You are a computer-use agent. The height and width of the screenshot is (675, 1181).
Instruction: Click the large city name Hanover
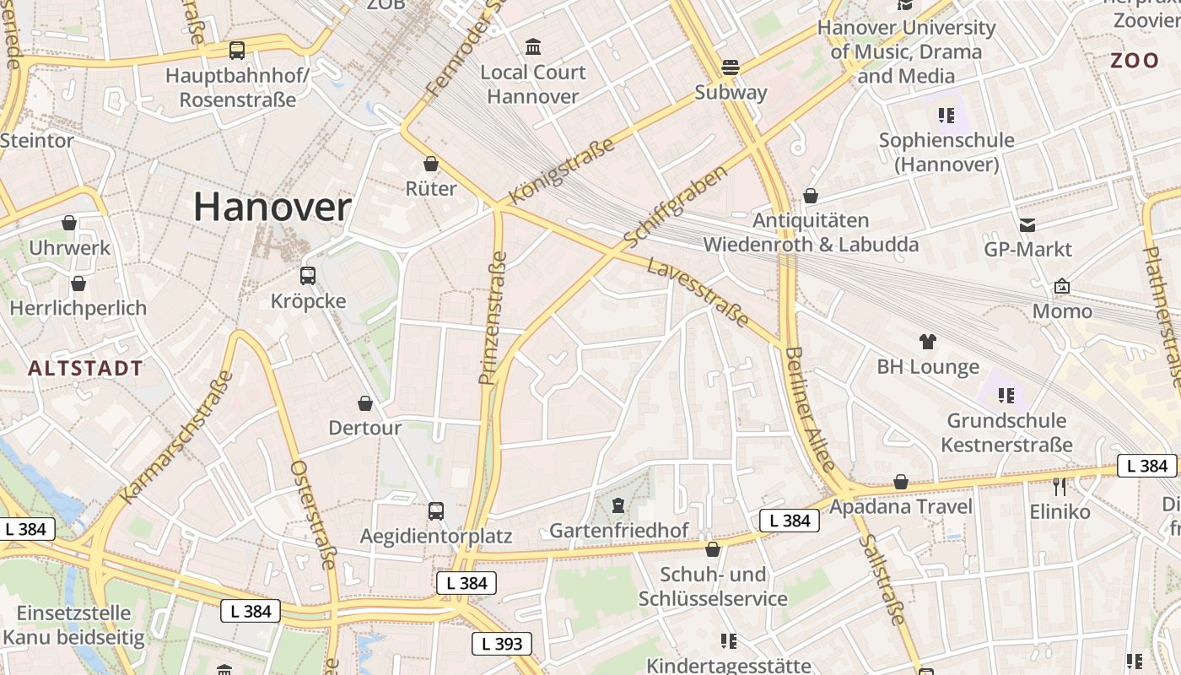tap(272, 208)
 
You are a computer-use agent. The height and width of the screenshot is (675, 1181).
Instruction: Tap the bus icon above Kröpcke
tap(308, 275)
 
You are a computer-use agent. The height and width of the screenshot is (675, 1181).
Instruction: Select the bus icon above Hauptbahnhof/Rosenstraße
tap(237, 51)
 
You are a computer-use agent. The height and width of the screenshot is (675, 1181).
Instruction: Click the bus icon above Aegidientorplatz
tap(435, 510)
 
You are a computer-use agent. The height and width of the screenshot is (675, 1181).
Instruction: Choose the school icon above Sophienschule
tap(945, 116)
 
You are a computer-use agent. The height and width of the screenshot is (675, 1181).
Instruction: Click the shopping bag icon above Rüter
tap(431, 164)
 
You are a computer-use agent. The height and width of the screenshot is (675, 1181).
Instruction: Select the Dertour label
tap(365, 428)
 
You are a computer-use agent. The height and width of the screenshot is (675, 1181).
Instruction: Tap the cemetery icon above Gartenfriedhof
tap(618, 505)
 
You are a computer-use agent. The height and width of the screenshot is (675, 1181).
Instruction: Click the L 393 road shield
tap(502, 644)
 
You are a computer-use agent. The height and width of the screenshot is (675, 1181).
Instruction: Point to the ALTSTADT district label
tap(85, 369)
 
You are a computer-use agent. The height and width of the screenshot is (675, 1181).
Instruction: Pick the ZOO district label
tap(1135, 61)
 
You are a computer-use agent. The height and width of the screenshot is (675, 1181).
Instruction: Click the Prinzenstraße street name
tap(493, 318)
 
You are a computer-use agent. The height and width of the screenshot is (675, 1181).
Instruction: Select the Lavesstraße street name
tap(698, 293)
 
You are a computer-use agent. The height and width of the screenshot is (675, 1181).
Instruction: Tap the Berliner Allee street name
tap(810, 408)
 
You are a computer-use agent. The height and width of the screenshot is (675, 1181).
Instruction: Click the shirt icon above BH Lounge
tap(928, 342)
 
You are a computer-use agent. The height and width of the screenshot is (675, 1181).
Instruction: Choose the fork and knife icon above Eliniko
tap(1060, 486)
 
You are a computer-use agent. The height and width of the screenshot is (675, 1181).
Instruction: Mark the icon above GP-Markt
tap(1027, 225)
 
